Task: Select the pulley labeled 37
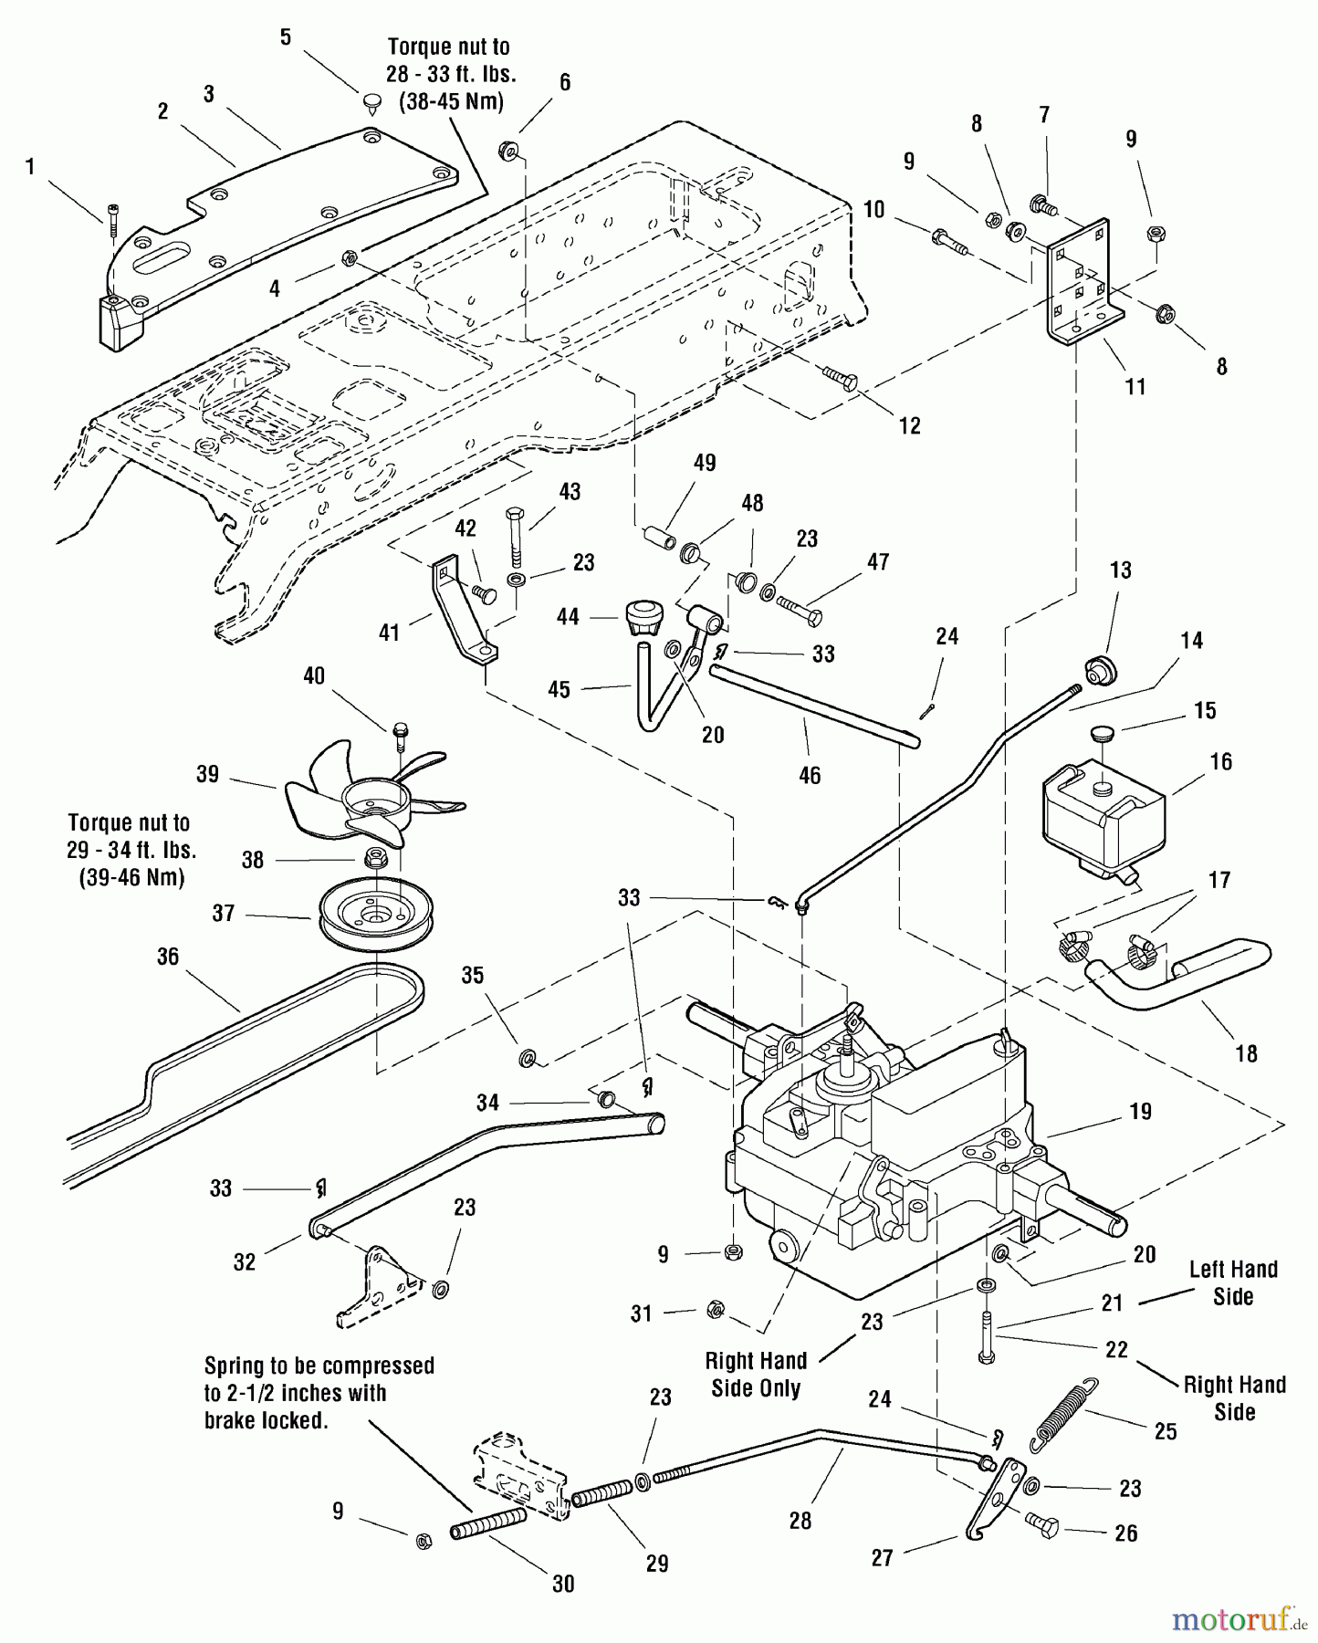tap(375, 914)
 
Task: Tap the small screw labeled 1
tap(112, 220)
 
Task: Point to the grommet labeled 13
tap(1101, 671)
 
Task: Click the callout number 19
tap(1140, 1111)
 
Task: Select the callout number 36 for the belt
tap(168, 956)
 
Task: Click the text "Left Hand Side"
tap(1232, 1282)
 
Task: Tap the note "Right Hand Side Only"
tap(756, 1374)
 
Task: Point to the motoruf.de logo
tap(1240, 1620)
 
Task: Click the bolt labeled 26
tap(1041, 1523)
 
